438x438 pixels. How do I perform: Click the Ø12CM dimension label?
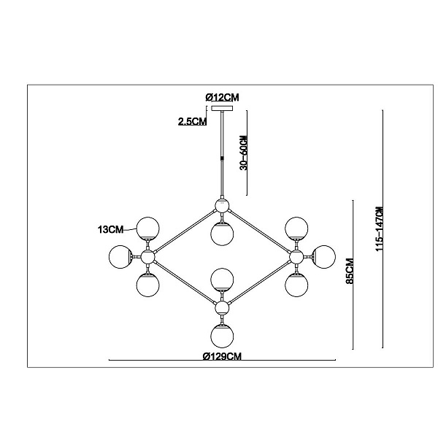pyautogui.click(x=222, y=98)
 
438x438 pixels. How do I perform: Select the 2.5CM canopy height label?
pyautogui.click(x=193, y=121)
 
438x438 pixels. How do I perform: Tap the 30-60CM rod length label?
pyautogui.click(x=244, y=153)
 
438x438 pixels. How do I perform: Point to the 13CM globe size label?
pyautogui.click(x=110, y=230)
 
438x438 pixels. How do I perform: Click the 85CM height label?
pyautogui.click(x=350, y=272)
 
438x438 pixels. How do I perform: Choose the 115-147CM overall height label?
pyautogui.click(x=380, y=229)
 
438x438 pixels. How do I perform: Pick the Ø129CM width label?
pyautogui.click(x=222, y=356)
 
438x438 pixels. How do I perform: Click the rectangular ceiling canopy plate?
pyautogui.click(x=222, y=108)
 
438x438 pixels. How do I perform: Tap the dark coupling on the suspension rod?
pyautogui.click(x=222, y=158)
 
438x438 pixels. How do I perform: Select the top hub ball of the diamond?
pyautogui.click(x=222, y=206)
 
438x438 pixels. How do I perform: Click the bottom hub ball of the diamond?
pyautogui.click(x=222, y=308)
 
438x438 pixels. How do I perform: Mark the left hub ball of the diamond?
pyautogui.click(x=147, y=257)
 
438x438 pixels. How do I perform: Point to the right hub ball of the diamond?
pyautogui.click(x=296, y=257)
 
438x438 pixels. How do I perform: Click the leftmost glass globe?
pyautogui.click(x=120, y=257)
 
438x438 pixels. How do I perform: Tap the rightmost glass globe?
pyautogui.click(x=324, y=257)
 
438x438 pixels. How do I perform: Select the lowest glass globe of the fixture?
pyautogui.click(x=222, y=336)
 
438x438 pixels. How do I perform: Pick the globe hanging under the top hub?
pyautogui.click(x=222, y=234)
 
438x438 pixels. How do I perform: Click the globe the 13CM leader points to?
pyautogui.click(x=147, y=228)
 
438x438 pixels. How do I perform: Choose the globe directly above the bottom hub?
pyautogui.click(x=222, y=280)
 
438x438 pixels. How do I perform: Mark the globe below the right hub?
pyautogui.click(x=296, y=285)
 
